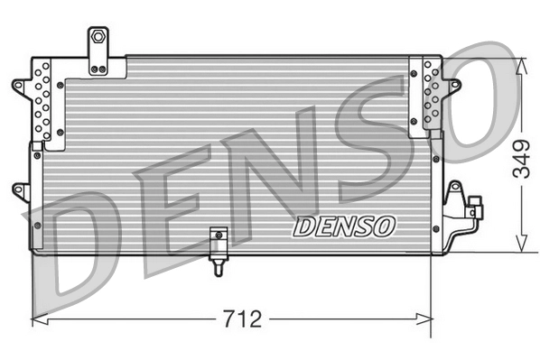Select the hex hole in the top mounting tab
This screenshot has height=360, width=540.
(97, 39)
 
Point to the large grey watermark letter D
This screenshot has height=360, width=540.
(81, 244)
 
